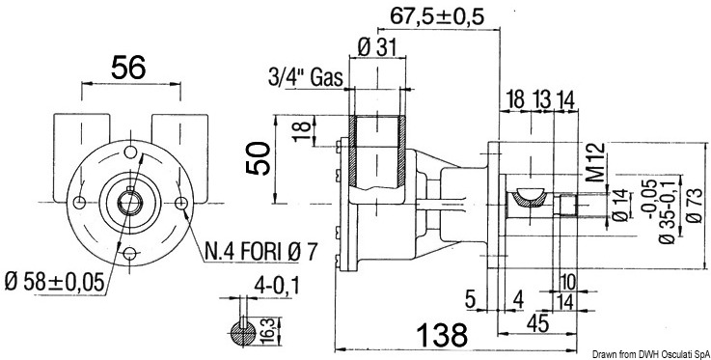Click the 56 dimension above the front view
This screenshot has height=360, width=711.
point(128,68)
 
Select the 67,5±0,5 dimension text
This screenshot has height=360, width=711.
point(438,16)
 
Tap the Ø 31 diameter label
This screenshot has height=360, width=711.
point(377,47)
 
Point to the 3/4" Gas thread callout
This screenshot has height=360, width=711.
point(305,78)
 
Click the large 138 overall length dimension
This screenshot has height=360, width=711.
point(442,336)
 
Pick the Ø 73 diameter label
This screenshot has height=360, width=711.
point(696,205)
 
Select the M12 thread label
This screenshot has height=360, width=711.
point(598,162)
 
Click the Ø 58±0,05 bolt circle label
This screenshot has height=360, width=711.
point(54,283)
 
